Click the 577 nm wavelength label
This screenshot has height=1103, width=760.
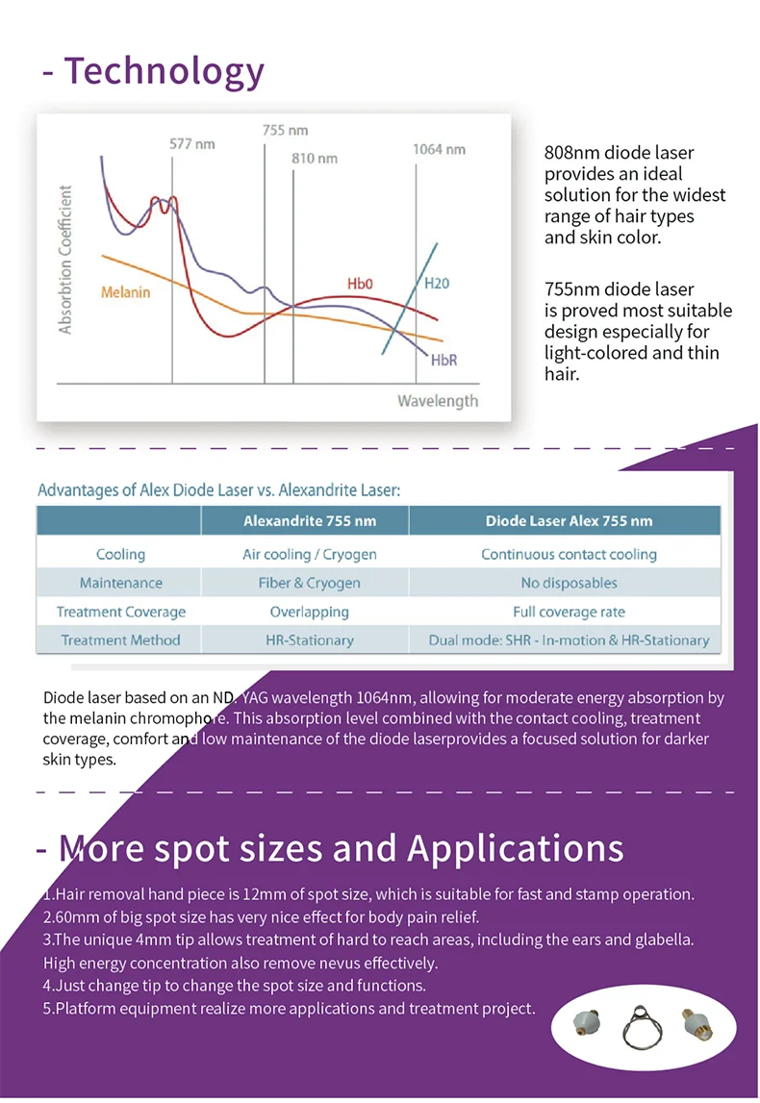(x=192, y=144)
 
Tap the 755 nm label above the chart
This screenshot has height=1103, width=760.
(x=285, y=130)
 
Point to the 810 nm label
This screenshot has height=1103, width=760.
(x=315, y=158)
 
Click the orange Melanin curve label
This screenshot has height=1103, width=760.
(x=125, y=291)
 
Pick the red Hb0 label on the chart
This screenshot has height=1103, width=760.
(x=360, y=284)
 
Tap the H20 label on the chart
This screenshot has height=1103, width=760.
(x=436, y=284)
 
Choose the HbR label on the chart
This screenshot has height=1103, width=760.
(x=443, y=360)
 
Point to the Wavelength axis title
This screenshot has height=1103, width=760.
(x=438, y=400)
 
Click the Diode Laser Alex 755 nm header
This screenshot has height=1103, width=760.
(x=569, y=521)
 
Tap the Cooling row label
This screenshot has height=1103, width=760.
(x=120, y=554)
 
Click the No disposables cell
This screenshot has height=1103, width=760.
(x=569, y=583)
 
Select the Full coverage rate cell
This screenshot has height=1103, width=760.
(x=569, y=612)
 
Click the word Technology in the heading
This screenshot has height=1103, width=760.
(x=164, y=71)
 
